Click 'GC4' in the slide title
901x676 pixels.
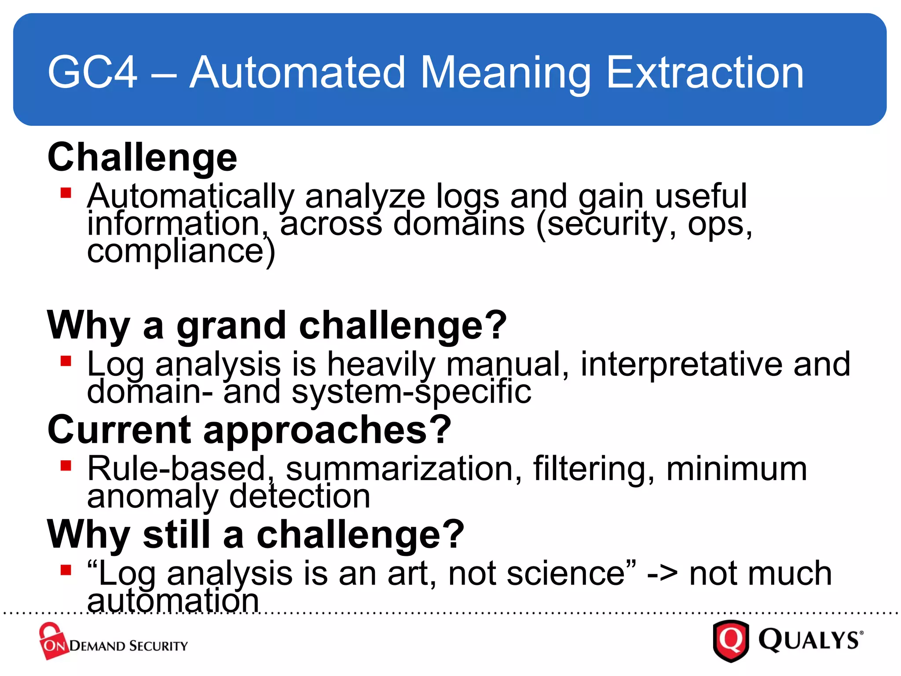[92, 73]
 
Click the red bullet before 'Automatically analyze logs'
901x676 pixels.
[66, 193]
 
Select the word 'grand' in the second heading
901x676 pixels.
[231, 327]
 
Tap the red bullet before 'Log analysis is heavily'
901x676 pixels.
[66, 361]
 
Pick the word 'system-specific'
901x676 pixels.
[411, 392]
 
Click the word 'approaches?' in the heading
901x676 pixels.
[327, 430]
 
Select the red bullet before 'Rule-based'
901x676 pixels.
[66, 466]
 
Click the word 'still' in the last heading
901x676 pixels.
[177, 535]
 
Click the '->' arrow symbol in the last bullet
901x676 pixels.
[662, 575]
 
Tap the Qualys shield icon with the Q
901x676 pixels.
[731, 640]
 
